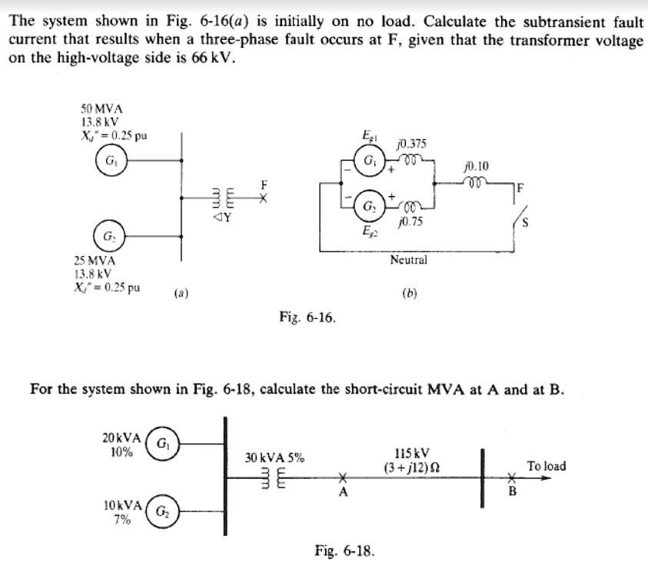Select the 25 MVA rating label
point(91,261)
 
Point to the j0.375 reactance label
point(410,144)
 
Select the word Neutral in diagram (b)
point(408,260)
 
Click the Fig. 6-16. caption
point(308,317)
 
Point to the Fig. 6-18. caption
point(344,550)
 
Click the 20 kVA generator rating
point(120,438)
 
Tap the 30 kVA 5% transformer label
point(274,458)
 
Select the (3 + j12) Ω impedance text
point(412,468)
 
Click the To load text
point(546,466)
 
